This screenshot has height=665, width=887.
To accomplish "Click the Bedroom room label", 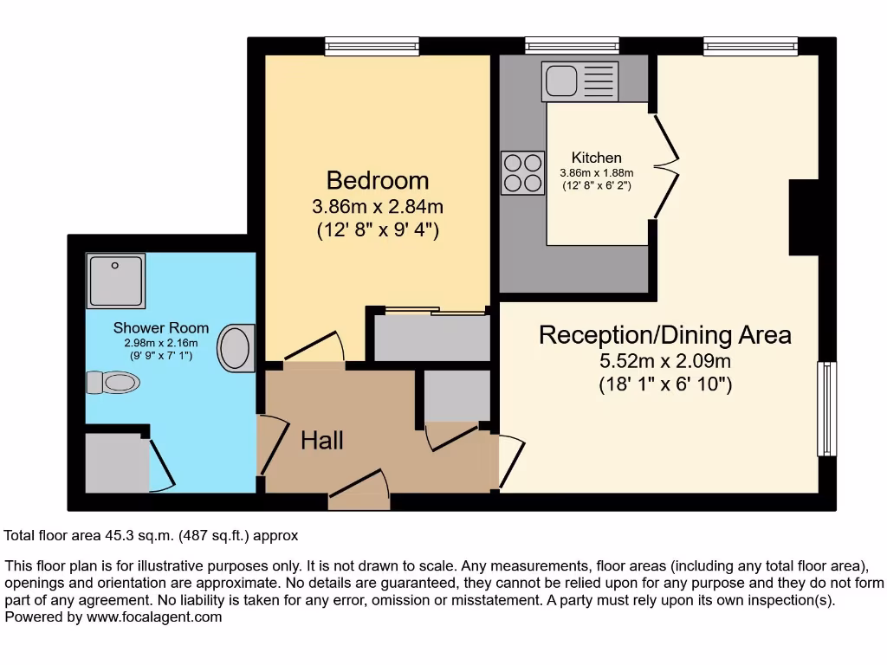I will [377, 180].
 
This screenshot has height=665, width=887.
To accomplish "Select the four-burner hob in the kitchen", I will [522, 172].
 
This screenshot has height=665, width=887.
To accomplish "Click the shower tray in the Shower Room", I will [115, 280].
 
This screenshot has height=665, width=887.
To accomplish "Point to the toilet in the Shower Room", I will [113, 382].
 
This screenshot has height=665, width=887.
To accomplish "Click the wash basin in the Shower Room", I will [236, 348].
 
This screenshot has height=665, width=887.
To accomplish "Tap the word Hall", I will [322, 441].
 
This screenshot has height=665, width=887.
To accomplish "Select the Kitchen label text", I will [596, 158].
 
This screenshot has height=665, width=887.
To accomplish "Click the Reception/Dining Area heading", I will [664, 335].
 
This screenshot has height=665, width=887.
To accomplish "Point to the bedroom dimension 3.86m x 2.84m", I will [377, 208].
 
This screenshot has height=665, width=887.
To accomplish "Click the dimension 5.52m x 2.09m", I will [665, 361].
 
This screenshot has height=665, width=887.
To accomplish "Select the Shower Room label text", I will [161, 328].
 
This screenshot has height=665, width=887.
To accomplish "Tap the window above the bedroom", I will [372, 46].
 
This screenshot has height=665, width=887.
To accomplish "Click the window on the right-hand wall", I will [827, 409].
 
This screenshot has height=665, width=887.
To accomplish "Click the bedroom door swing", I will [315, 347].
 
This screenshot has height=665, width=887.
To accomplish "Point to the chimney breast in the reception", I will [804, 217].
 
